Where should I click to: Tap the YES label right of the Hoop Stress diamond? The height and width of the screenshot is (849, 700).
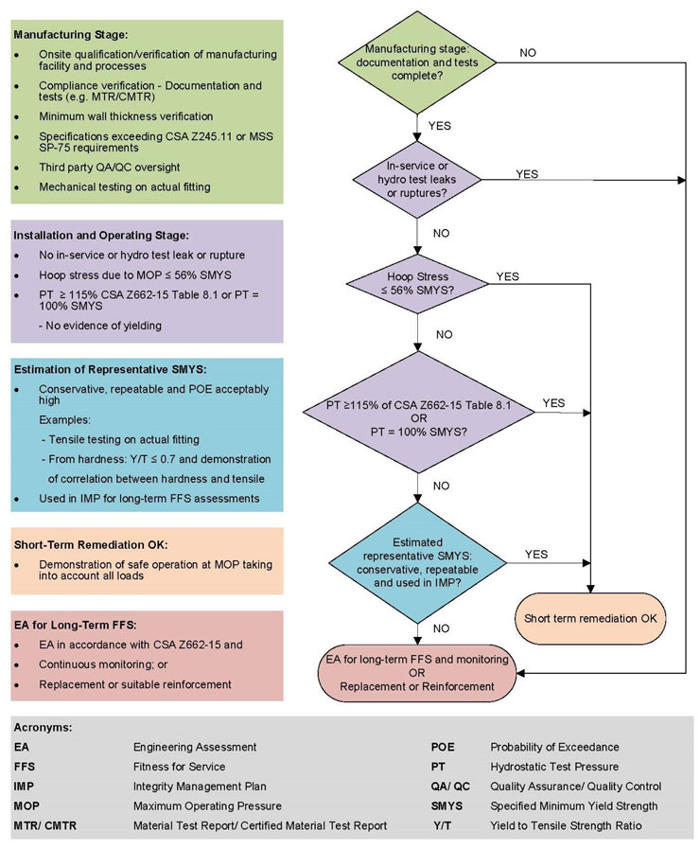[508, 276]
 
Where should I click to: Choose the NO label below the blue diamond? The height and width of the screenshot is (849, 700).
[441, 628]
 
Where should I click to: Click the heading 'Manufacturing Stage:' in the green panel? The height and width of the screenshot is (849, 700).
[64, 35]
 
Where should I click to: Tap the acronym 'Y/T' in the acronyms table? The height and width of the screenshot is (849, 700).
[441, 826]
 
